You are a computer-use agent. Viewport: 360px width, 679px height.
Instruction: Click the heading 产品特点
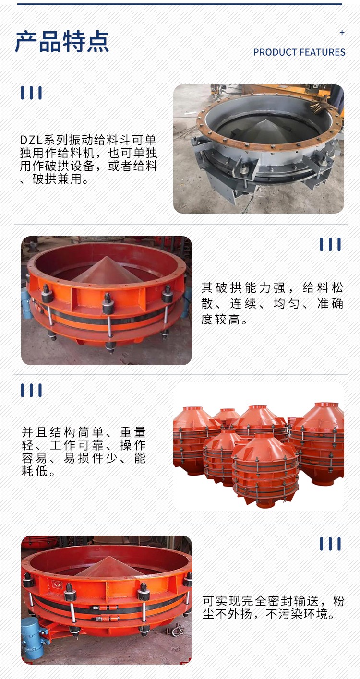coord(62,42)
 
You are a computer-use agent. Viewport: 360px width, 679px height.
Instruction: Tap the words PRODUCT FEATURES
coord(299,52)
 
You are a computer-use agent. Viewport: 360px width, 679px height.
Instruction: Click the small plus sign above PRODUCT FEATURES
coord(342,33)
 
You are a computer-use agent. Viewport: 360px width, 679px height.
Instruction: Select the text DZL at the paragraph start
coord(32,140)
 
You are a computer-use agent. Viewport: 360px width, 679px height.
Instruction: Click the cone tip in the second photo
coord(107,257)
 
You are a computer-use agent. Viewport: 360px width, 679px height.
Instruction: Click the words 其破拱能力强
coord(243,287)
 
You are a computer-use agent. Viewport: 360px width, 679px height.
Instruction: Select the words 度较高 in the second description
coord(221,319)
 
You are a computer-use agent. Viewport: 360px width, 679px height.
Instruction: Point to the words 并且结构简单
coord(62,432)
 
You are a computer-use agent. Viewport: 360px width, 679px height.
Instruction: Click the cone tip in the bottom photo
coord(108,557)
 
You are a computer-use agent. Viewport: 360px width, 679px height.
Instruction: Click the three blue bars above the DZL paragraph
coord(31,93)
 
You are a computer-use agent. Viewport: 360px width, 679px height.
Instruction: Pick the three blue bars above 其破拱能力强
coord(330,244)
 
